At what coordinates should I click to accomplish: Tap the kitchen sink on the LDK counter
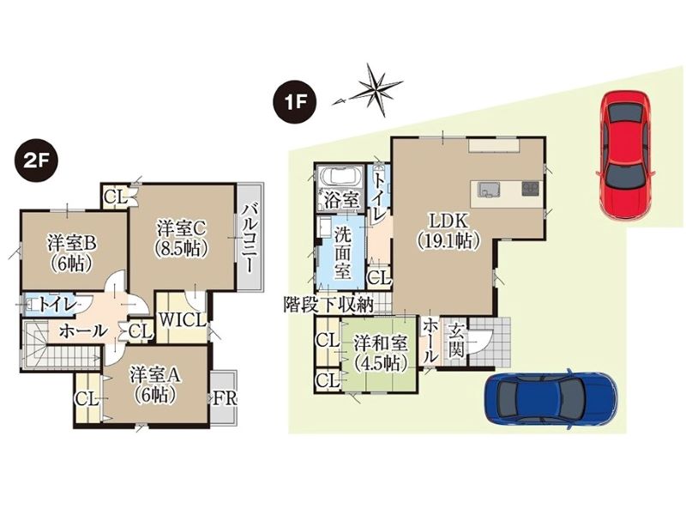click(x=488, y=190)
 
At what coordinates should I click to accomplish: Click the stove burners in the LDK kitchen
click(x=530, y=189)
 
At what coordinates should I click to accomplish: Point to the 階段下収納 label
click(x=329, y=305)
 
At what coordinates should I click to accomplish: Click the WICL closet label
click(x=183, y=320)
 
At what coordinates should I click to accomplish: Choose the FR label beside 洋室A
click(x=225, y=398)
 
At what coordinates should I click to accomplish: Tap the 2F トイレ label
click(x=57, y=305)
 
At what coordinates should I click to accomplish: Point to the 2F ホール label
click(x=83, y=331)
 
